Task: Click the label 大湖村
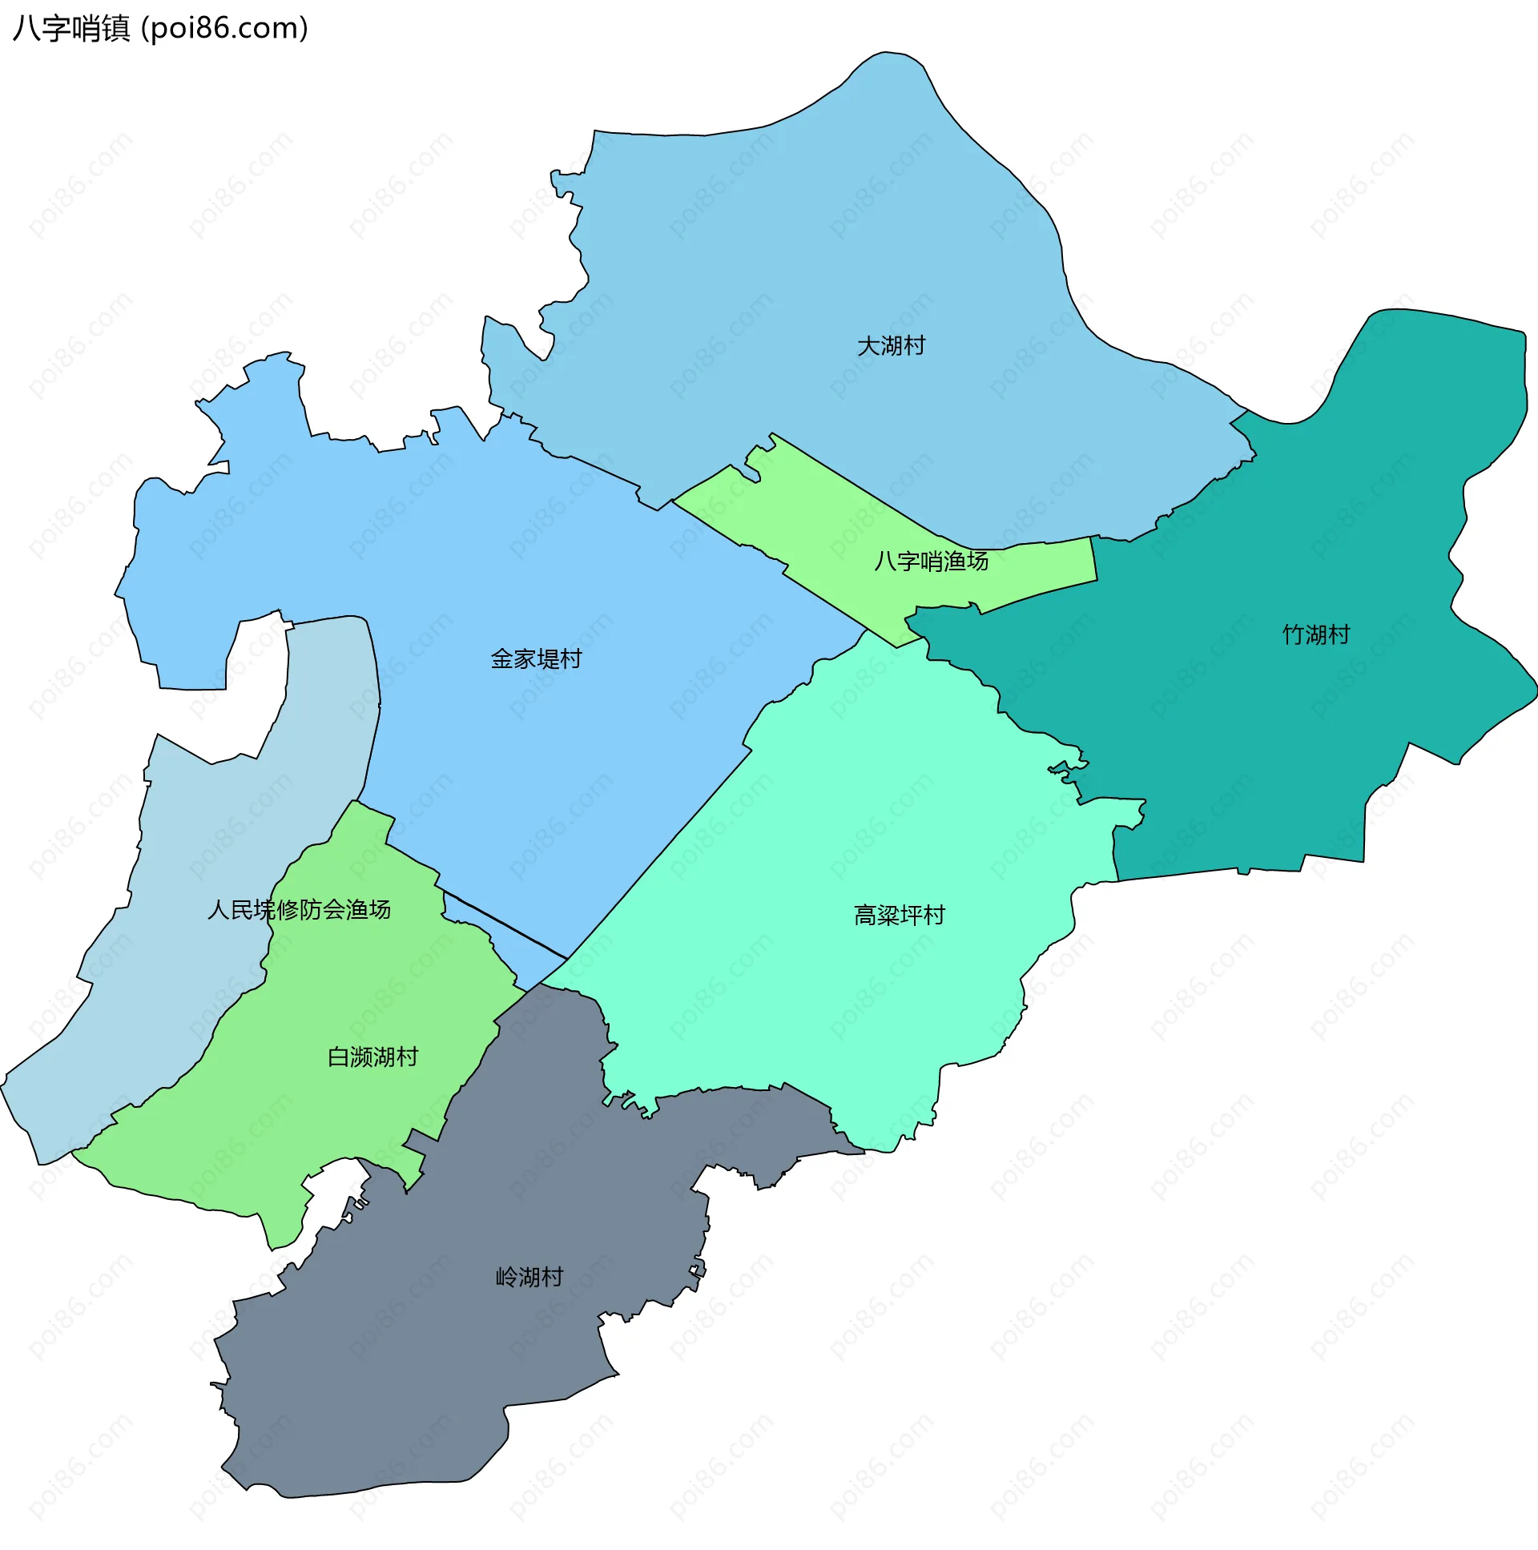tap(891, 346)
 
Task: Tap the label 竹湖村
tap(1315, 634)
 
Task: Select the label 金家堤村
tap(536, 658)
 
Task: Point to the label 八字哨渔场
tap(931, 561)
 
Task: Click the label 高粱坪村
tap(899, 915)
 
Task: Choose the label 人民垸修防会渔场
tap(299, 909)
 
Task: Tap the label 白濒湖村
tap(372, 1057)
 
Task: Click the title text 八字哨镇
tap(70, 29)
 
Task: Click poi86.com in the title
tap(223, 29)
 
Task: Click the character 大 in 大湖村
tap(868, 346)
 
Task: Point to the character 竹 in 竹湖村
tap(1293, 634)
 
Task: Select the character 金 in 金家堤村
tap(501, 658)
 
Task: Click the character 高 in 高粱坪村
tap(865, 915)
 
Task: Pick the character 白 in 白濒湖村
tap(338, 1057)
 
